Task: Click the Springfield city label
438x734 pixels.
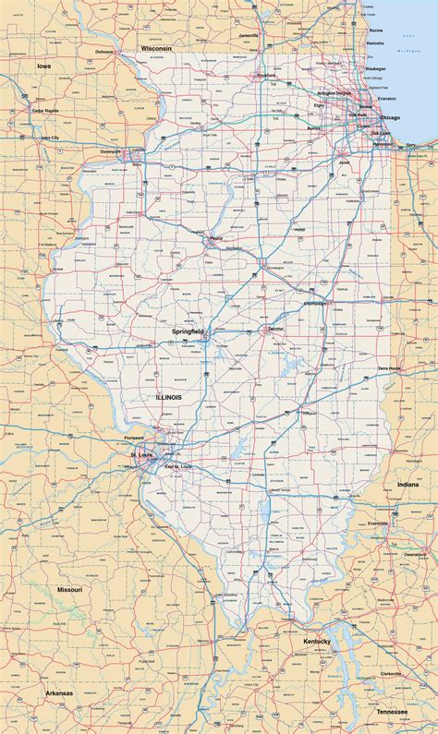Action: click(x=187, y=330)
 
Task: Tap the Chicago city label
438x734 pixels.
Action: click(x=389, y=117)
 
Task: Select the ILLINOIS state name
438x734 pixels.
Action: click(x=168, y=396)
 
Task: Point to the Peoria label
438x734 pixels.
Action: click(x=215, y=238)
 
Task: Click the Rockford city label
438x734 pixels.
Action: click(x=267, y=75)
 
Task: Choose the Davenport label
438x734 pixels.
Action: click(x=111, y=150)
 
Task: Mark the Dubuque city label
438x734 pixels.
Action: click(x=103, y=52)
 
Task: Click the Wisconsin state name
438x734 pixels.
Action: click(x=156, y=46)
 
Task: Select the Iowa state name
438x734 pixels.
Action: click(x=43, y=66)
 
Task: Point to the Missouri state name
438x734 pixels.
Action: click(x=69, y=588)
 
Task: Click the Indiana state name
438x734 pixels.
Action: click(x=408, y=484)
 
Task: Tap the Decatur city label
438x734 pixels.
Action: click(x=275, y=329)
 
